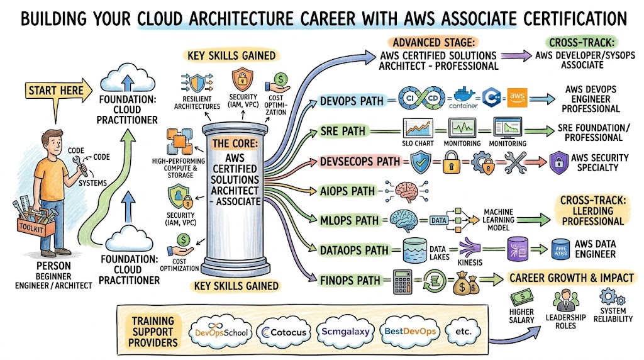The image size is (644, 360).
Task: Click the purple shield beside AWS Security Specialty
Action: (558, 162)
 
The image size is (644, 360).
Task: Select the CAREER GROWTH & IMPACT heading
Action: (570, 278)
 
